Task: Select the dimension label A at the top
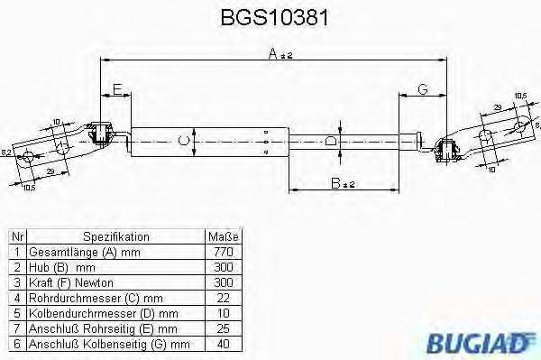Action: pyautogui.click(x=272, y=53)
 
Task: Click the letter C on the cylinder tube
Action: pyautogui.click(x=184, y=140)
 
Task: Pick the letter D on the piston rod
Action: pyautogui.click(x=331, y=140)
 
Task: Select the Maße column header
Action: pyautogui.click(x=221, y=236)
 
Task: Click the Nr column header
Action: pyautogui.click(x=16, y=236)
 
